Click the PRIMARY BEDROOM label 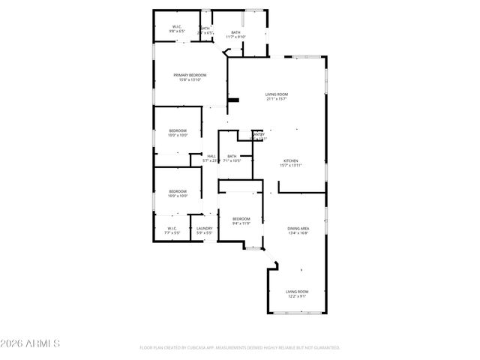coord(190,76)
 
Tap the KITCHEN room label coord(291,161)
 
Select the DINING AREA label coord(298,229)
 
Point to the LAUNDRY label coord(204,229)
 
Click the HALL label coord(201,156)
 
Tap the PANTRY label coord(259,135)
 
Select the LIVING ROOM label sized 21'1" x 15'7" coord(277,94)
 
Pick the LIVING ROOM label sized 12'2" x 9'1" coord(297,291)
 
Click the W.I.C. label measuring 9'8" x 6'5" coord(177,28)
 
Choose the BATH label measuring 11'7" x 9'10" coord(235,32)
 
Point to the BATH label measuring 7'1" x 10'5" coord(232,156)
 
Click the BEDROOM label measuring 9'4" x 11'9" coord(240,218)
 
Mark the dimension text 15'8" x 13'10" coord(190,80)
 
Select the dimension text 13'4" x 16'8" coord(298,233)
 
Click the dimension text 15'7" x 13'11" coord(291,166)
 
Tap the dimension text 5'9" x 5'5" coord(204,233)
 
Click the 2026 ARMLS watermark coord(31,344)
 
